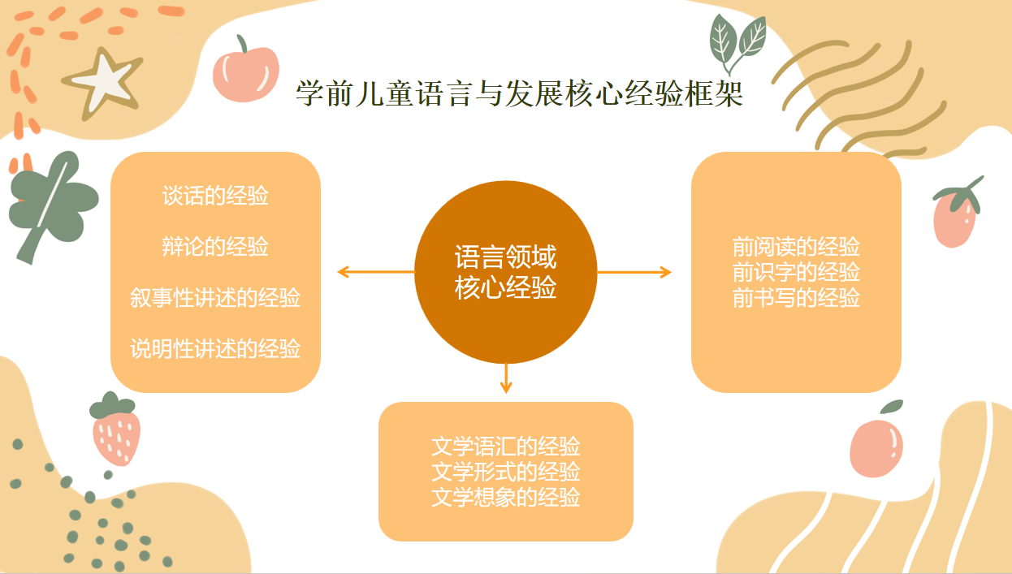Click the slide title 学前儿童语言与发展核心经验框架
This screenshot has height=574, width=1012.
pos(519,93)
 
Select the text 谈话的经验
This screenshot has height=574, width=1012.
pos(215,196)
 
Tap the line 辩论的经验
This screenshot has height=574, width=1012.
pos(215,247)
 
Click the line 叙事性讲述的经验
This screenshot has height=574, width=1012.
pos(215,298)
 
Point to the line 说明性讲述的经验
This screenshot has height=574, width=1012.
pos(215,348)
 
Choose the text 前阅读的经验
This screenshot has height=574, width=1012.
pos(796,247)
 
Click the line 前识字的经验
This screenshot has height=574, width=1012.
pos(796,272)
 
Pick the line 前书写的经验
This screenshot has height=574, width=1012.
pos(796,298)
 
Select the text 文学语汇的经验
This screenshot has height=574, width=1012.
pos(505,447)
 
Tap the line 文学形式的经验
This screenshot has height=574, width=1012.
pos(505,472)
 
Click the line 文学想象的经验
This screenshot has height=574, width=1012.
pos(505,497)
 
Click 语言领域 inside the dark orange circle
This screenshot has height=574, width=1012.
pos(505,257)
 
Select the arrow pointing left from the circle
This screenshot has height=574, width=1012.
pos(376,272)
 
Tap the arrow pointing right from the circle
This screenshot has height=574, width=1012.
pos(634,272)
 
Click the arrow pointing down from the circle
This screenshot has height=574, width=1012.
pos(506,378)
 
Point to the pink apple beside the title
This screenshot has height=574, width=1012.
pos(245,70)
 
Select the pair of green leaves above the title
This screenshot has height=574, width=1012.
pos(737,43)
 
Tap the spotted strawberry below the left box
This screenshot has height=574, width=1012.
pos(115,429)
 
